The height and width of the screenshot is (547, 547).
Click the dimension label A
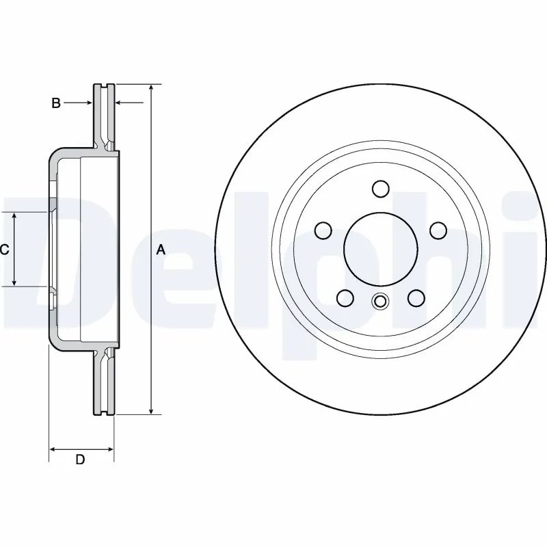coord(161,250)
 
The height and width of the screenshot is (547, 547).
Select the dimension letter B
coord(56,103)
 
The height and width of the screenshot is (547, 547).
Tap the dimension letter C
coord(4,250)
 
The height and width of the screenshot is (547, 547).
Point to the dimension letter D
coord(80,459)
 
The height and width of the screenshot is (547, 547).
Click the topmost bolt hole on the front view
coord(381,188)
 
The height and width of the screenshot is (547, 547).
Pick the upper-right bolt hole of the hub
coord(438,230)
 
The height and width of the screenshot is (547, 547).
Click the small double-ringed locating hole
coord(380,301)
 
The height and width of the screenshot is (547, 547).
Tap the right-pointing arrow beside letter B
coord(88,103)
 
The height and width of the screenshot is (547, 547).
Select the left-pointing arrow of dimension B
coord(120,103)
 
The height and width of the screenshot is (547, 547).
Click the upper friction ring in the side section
coord(104,113)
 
